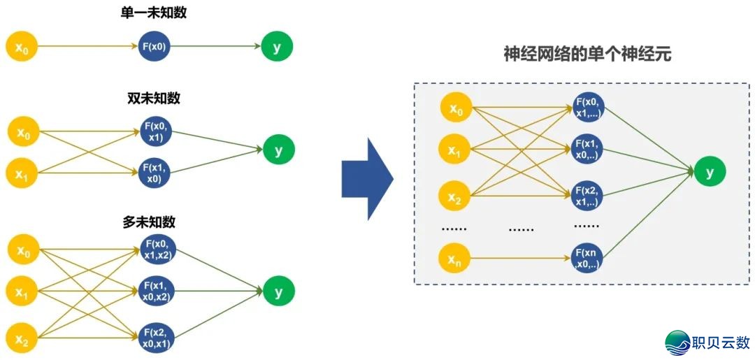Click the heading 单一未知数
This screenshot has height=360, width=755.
pos(153,13)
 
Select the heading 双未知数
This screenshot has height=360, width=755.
pos(153,99)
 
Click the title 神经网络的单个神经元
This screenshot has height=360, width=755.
pos(587,54)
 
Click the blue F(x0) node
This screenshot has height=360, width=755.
pos(154,47)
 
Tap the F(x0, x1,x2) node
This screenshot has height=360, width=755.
pos(157,250)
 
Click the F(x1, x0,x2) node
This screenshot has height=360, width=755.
pos(157,291)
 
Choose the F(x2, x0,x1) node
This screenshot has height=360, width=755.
pos(157,336)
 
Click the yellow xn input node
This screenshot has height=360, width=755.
pos(455,259)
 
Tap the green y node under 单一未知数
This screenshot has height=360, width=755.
pos(278,47)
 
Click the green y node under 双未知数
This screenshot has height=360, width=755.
pos(279,150)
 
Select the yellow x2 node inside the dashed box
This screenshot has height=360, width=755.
pos(455,199)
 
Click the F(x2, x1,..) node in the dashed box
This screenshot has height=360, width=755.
pos(587,196)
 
